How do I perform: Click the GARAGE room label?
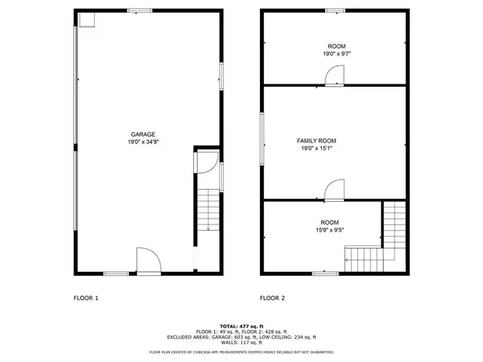point(143,134)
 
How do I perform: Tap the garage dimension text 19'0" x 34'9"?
point(143,142)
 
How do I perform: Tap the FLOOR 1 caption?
point(85,298)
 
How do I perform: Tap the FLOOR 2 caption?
point(272,298)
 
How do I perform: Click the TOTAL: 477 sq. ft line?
point(242,326)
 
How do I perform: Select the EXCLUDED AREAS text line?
point(242,337)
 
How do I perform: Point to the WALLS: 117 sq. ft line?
point(242,343)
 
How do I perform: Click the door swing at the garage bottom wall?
point(147,261)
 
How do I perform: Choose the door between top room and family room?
point(334,76)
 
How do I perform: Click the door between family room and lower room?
point(334,191)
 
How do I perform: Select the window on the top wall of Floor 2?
point(336,10)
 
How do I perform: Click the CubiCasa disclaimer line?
point(242,352)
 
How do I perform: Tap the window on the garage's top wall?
point(143,10)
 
